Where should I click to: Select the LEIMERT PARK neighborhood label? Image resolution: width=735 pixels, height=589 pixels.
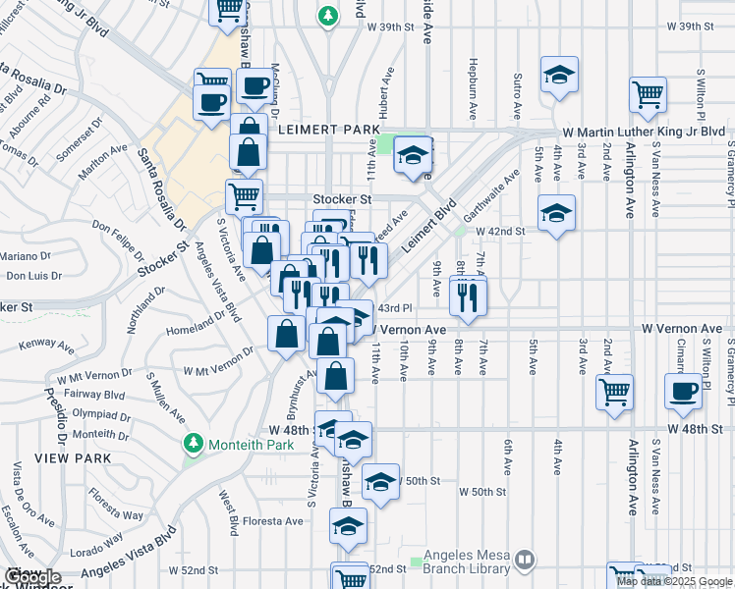point(321,129)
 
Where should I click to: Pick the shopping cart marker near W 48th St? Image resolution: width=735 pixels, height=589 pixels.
point(615,392)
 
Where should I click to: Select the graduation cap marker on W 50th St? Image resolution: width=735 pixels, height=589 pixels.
point(380,481)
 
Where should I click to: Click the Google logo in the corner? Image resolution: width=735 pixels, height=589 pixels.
point(31,577)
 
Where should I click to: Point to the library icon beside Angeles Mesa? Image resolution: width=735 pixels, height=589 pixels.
point(526,559)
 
